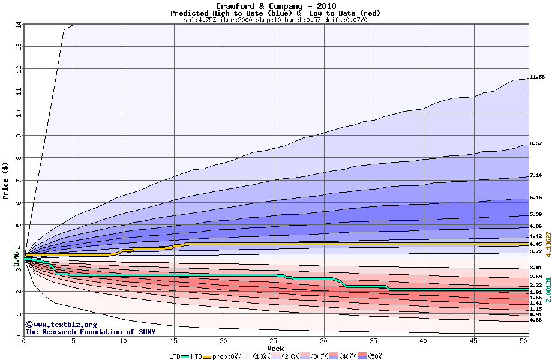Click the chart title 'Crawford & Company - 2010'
click(x=275, y=6)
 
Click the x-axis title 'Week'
click(x=275, y=348)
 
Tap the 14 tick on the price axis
click(x=18, y=25)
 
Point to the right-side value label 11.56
click(x=537, y=77)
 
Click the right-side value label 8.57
click(x=537, y=144)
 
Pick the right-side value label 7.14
click(x=537, y=176)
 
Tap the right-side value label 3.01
click(x=537, y=268)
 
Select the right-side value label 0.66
click(x=537, y=320)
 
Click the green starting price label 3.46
click(x=17, y=260)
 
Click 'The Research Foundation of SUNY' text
click(x=90, y=332)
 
